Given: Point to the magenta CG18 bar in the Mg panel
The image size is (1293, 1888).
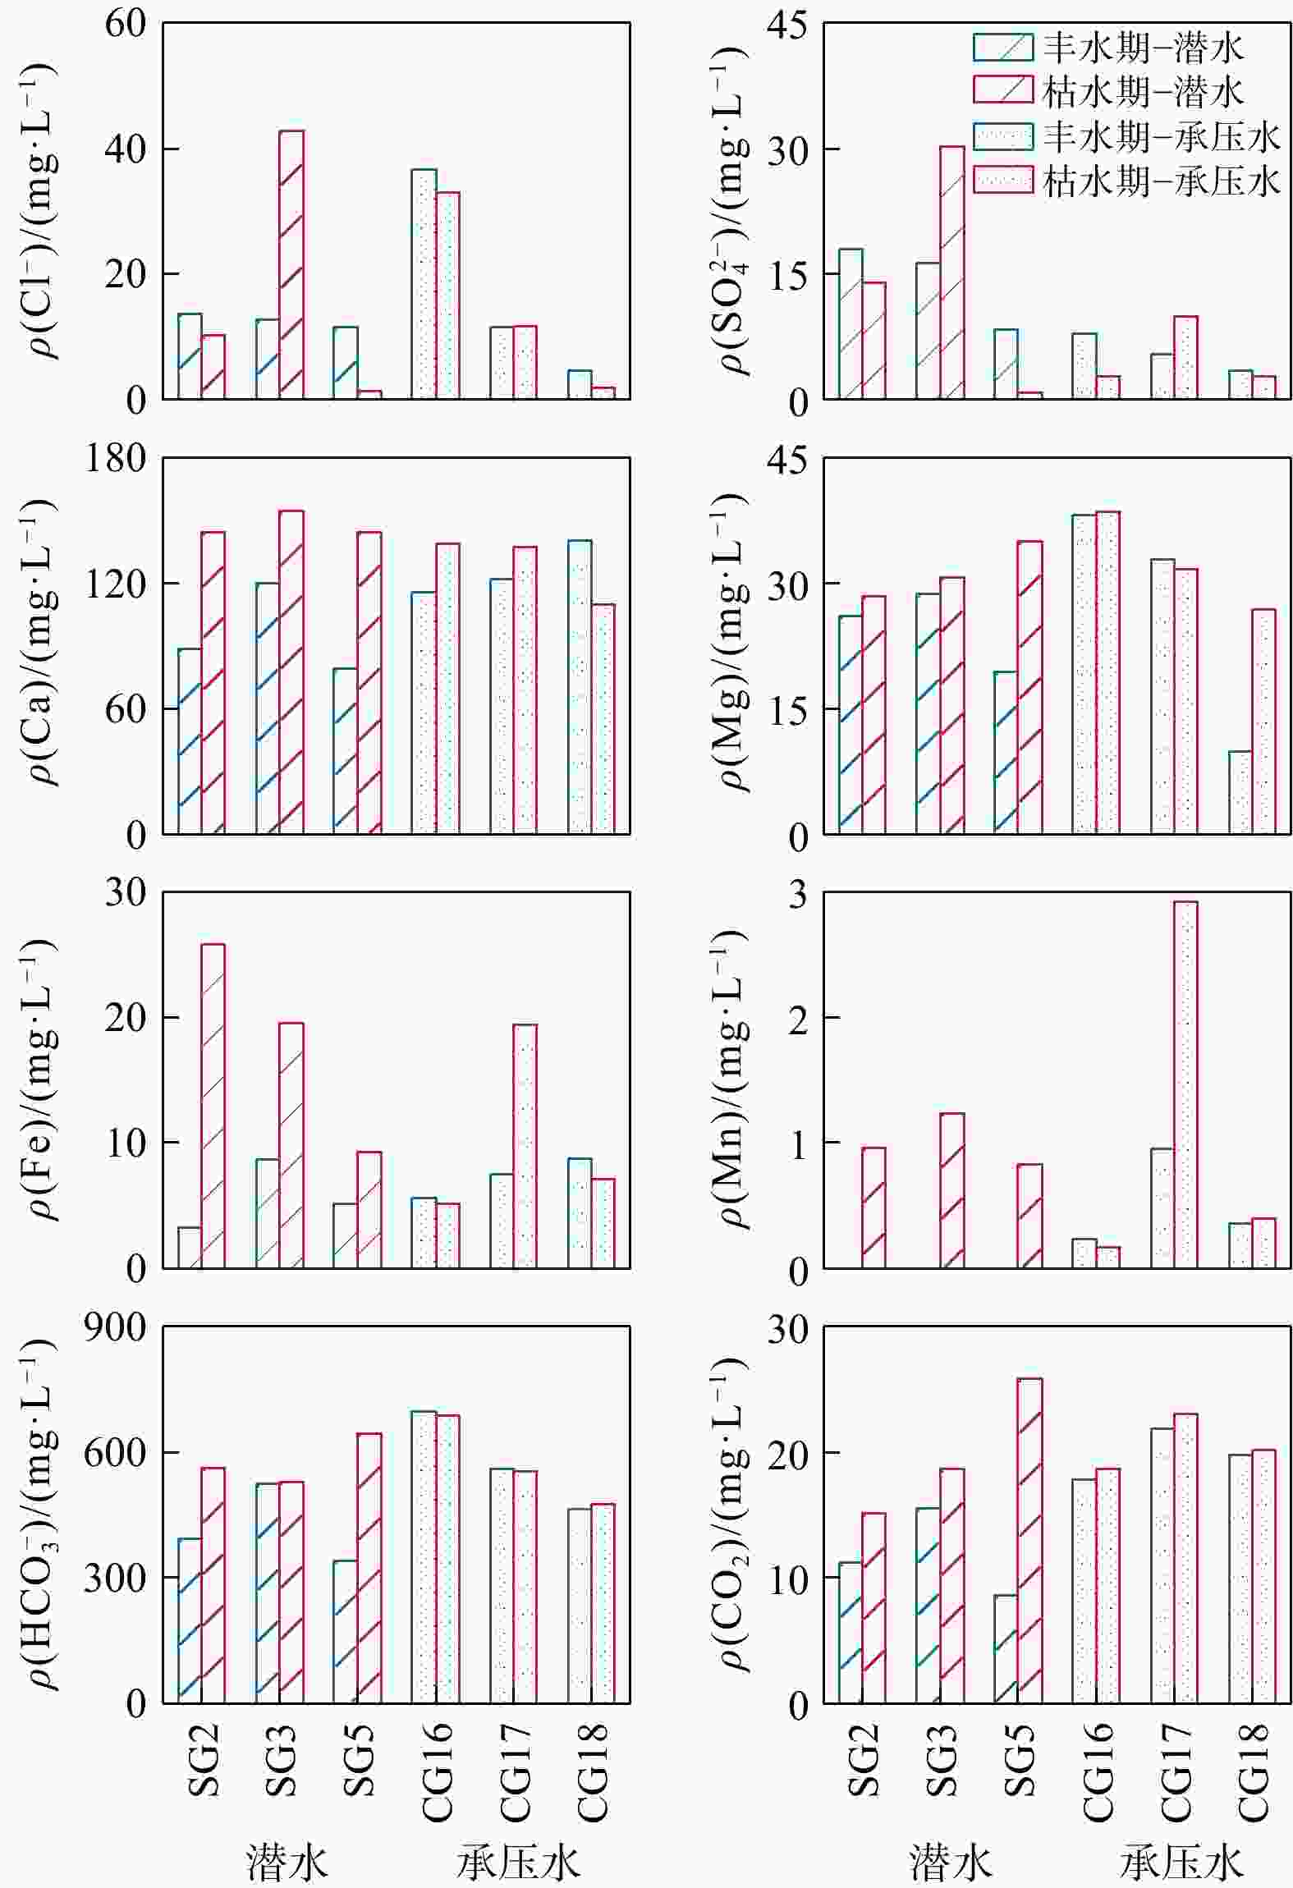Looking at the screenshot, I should (x=1263, y=722).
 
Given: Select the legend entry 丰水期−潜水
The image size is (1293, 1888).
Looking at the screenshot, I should (x=1108, y=48).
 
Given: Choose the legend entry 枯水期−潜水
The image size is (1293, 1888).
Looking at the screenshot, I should (x=1108, y=92).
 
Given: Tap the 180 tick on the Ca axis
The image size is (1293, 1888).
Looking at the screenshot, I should (x=116, y=458).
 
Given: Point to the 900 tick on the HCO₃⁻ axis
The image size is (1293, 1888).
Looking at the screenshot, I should (x=116, y=1327).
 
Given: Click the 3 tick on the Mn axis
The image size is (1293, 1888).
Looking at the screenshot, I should (x=797, y=894).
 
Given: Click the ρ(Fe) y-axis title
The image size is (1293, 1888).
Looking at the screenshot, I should (x=42, y=1079).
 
